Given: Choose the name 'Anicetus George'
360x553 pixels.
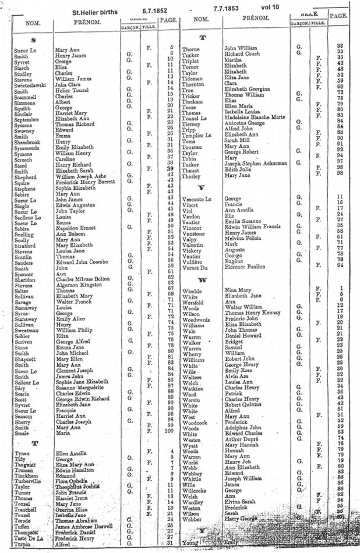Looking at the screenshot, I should (245, 125).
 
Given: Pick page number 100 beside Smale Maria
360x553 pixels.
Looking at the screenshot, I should (169, 431).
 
